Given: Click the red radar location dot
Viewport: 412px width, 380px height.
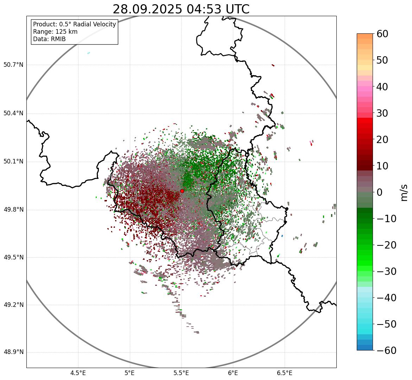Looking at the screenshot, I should (182, 191).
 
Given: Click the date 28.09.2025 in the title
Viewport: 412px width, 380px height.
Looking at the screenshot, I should (147, 9).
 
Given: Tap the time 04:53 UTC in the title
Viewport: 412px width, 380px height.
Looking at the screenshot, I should (218, 9).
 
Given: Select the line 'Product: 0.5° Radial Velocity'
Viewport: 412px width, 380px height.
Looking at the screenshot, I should (74, 24).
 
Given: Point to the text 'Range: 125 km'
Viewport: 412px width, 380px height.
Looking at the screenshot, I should (55, 32).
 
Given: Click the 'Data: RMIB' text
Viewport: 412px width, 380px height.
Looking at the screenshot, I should (49, 39).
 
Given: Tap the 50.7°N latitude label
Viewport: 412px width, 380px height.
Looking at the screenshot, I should (13, 65).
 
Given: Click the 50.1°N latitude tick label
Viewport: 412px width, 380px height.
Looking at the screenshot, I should (13, 162).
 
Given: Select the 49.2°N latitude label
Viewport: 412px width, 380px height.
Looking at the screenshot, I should (13, 305).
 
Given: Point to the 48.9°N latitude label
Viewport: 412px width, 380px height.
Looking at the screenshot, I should (13, 352).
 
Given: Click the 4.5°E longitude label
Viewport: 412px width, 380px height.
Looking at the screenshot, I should (78, 373).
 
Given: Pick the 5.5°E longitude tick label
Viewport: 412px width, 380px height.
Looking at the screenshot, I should (181, 373).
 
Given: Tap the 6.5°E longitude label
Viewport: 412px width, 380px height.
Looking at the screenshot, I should (284, 373).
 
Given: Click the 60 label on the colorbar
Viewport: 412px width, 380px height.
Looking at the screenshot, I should (382, 34).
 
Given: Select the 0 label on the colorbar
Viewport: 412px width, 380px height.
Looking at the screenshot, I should (379, 192).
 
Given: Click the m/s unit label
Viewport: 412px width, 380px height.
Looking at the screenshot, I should (404, 192).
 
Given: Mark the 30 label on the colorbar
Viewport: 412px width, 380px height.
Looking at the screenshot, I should (382, 113).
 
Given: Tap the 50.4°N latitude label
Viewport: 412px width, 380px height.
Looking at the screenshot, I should (13, 113).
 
